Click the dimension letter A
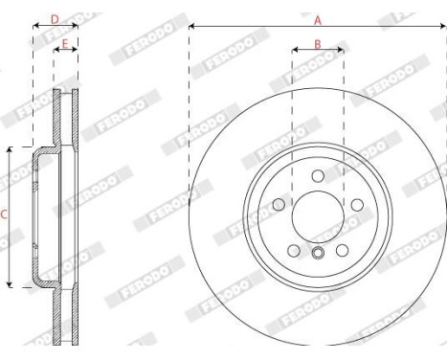(318, 17)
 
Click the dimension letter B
(317, 45)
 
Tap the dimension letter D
(55, 18)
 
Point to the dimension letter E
(65, 44)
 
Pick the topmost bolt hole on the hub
(317, 175)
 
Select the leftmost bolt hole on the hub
(278, 204)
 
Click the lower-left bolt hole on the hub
(293, 250)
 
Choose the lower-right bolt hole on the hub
(342, 250)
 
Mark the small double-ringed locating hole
(317, 254)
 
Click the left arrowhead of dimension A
(191, 27)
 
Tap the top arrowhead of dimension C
(11, 149)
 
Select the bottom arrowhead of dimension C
(11, 284)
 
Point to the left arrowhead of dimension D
(35, 27)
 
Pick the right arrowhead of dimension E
(76, 54)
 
